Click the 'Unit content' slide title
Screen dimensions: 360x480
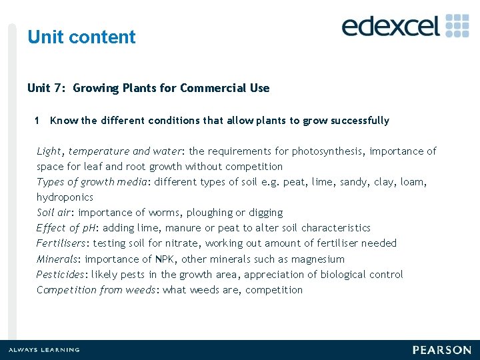(x=81, y=37)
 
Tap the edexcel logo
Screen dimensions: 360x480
(x=405, y=25)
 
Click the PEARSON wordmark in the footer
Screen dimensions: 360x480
(x=441, y=350)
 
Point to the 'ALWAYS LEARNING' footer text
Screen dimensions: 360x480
(x=43, y=350)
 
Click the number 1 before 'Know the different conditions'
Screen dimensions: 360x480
(x=37, y=121)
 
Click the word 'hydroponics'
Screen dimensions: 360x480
(x=65, y=197)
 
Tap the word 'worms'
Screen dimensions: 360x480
(x=162, y=213)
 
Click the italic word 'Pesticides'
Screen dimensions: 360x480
(x=62, y=275)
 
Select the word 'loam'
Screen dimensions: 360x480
(x=413, y=182)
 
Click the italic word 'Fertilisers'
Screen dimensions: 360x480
(x=62, y=243)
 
